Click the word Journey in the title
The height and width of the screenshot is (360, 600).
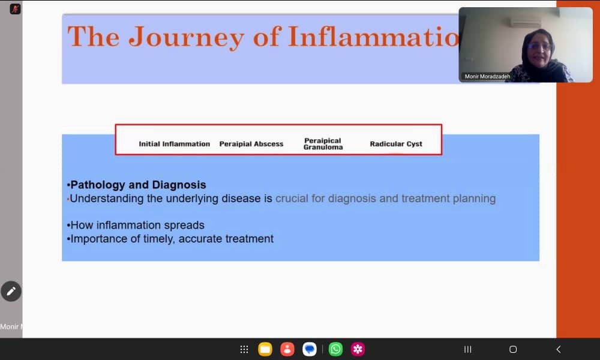187,37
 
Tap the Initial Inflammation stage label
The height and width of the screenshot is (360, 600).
175,144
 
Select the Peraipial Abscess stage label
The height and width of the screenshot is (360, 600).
251,144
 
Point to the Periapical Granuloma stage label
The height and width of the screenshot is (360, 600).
323,144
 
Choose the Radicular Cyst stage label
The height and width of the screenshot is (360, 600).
396,144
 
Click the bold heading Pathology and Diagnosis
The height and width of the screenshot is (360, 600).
138,185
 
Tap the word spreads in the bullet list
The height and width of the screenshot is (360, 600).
186,226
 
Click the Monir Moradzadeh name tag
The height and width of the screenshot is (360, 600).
487,77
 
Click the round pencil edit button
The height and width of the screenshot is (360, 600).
11,292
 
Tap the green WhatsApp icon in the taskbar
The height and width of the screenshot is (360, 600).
335,349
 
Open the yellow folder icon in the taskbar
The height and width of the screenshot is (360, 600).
265,349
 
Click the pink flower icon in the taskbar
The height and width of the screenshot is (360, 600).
358,349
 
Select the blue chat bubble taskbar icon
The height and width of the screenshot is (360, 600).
310,349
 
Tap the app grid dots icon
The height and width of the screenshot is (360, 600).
244,349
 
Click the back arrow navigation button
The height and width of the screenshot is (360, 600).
559,349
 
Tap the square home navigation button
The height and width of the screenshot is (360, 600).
513,349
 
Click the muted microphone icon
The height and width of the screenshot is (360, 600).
16,9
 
